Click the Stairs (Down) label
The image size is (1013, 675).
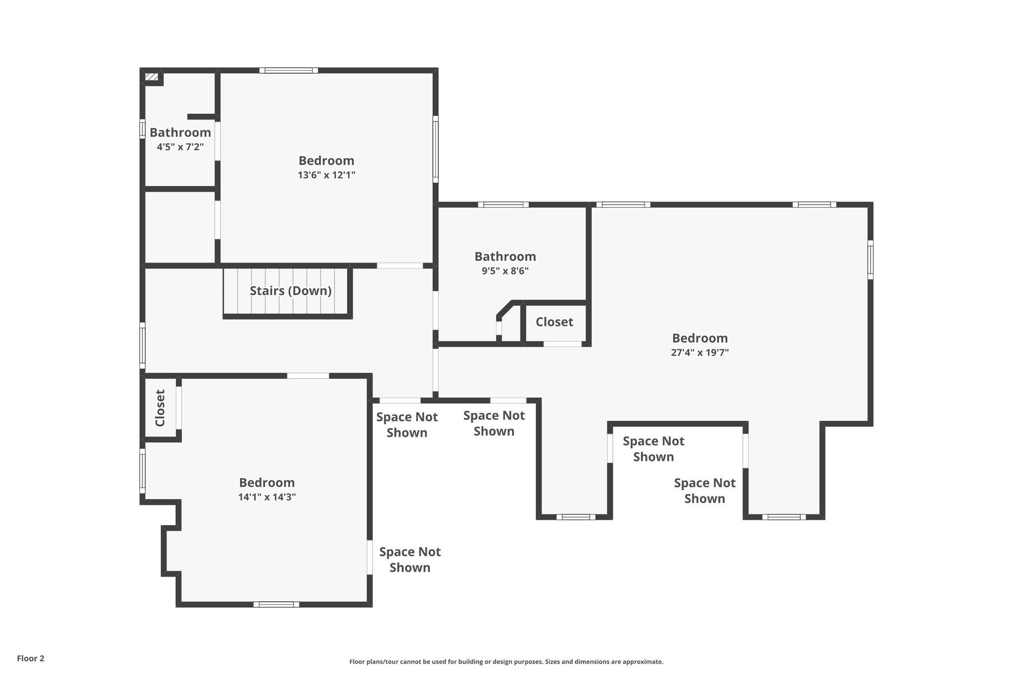click(290, 291)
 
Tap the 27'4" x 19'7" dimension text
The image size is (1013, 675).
click(699, 353)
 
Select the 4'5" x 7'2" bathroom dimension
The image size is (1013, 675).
click(180, 147)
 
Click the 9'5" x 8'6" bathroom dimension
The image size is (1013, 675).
click(505, 271)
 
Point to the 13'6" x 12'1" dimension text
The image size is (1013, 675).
click(326, 175)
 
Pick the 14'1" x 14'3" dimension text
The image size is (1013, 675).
click(267, 497)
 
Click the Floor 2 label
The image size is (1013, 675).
click(31, 658)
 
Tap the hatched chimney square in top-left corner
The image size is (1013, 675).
click(151, 77)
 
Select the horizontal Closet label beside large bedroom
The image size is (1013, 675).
click(554, 322)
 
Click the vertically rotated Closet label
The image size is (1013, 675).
click(160, 408)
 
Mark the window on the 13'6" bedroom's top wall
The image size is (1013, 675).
click(288, 70)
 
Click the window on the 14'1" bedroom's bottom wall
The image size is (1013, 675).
click(276, 604)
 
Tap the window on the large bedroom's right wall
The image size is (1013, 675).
click(870, 260)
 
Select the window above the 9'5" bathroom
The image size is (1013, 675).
click(503, 205)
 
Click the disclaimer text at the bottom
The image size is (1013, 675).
click(506, 662)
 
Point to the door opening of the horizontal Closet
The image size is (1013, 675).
click(562, 344)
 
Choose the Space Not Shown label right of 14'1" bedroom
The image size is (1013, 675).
click(410, 559)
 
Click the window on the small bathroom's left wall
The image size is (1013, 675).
click(142, 129)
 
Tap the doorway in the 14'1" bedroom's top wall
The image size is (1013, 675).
click(308, 376)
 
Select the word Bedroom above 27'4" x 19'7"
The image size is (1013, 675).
click(699, 338)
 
